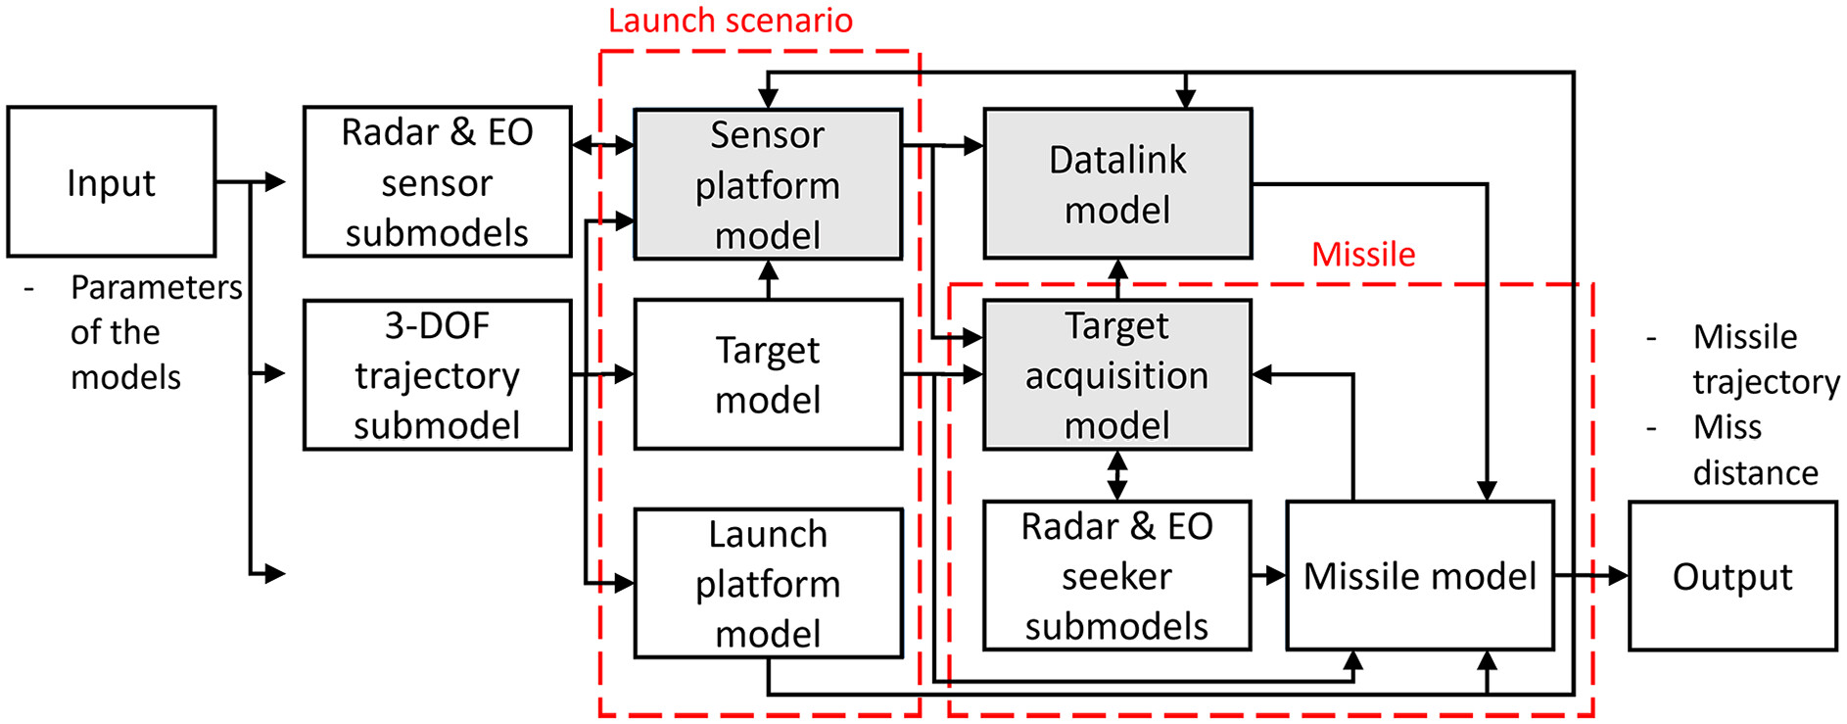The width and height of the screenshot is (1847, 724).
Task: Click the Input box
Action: [x=112, y=182]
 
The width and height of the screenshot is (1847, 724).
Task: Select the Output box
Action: [x=1732, y=576]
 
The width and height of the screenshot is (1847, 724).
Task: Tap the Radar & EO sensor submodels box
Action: [x=437, y=182]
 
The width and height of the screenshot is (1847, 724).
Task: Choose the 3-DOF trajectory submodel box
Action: [x=437, y=375]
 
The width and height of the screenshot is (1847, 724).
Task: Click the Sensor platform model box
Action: [x=768, y=184]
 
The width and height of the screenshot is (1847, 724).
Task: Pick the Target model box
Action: [x=768, y=375]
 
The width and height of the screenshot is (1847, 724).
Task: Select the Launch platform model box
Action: [x=768, y=583]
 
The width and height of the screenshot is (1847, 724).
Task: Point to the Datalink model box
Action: [x=1117, y=184]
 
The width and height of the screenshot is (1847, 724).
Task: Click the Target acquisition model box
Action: [x=1117, y=375]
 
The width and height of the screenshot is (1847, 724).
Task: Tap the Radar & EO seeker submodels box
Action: [x=1117, y=576]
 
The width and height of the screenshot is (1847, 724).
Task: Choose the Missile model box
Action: [x=1420, y=576]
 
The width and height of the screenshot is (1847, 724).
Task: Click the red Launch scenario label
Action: [x=731, y=21]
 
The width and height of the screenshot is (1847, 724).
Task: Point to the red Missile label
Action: [x=1363, y=255]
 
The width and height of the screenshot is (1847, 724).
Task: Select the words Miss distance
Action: [x=1755, y=450]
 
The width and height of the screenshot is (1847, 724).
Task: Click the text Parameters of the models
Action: [x=156, y=332]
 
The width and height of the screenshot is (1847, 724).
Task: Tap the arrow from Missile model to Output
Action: [x=1591, y=576]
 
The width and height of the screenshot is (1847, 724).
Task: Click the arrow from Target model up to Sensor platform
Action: [x=769, y=279]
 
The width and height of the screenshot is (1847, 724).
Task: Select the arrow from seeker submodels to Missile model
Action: [x=1269, y=576]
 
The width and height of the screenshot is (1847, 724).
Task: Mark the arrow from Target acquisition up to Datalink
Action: [x=1117, y=279]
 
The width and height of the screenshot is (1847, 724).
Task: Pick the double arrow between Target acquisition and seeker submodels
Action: [x=1117, y=475]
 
